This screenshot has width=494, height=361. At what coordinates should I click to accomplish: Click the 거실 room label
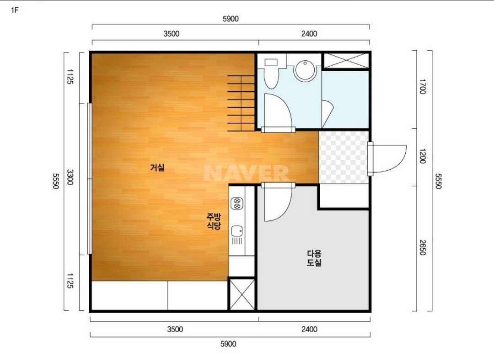pos(157,167)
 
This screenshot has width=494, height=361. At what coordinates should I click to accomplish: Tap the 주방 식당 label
pos(214,221)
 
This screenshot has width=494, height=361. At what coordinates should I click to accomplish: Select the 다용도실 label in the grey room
pos(314,258)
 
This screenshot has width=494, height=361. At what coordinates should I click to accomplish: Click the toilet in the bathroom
pos(271,73)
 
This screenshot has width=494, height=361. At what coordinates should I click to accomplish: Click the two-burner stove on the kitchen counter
pos(236,204)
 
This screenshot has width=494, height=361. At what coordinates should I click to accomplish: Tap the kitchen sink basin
pos(236,231)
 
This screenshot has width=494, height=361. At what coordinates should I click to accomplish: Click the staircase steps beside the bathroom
pos(241,103)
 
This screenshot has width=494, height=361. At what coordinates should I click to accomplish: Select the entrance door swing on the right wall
pos(387,159)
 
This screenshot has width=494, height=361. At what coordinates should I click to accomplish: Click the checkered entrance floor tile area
pos(344,157)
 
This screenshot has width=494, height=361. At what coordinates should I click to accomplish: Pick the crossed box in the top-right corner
pos(346,60)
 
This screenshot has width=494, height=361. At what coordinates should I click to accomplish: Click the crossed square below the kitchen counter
pos(242,294)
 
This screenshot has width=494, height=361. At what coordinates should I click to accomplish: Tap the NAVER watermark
pos(246,173)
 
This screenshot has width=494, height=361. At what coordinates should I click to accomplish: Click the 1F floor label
pos(15,10)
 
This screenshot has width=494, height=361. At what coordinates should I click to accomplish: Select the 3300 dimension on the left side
pos(70,177)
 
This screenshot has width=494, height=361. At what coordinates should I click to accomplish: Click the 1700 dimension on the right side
pos(423,86)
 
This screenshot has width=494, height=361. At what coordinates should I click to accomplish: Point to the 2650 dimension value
pos(423,248)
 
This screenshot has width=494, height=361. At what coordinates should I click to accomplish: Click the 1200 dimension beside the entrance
pos(423,156)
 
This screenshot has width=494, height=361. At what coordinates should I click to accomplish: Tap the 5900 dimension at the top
pos(231,19)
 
